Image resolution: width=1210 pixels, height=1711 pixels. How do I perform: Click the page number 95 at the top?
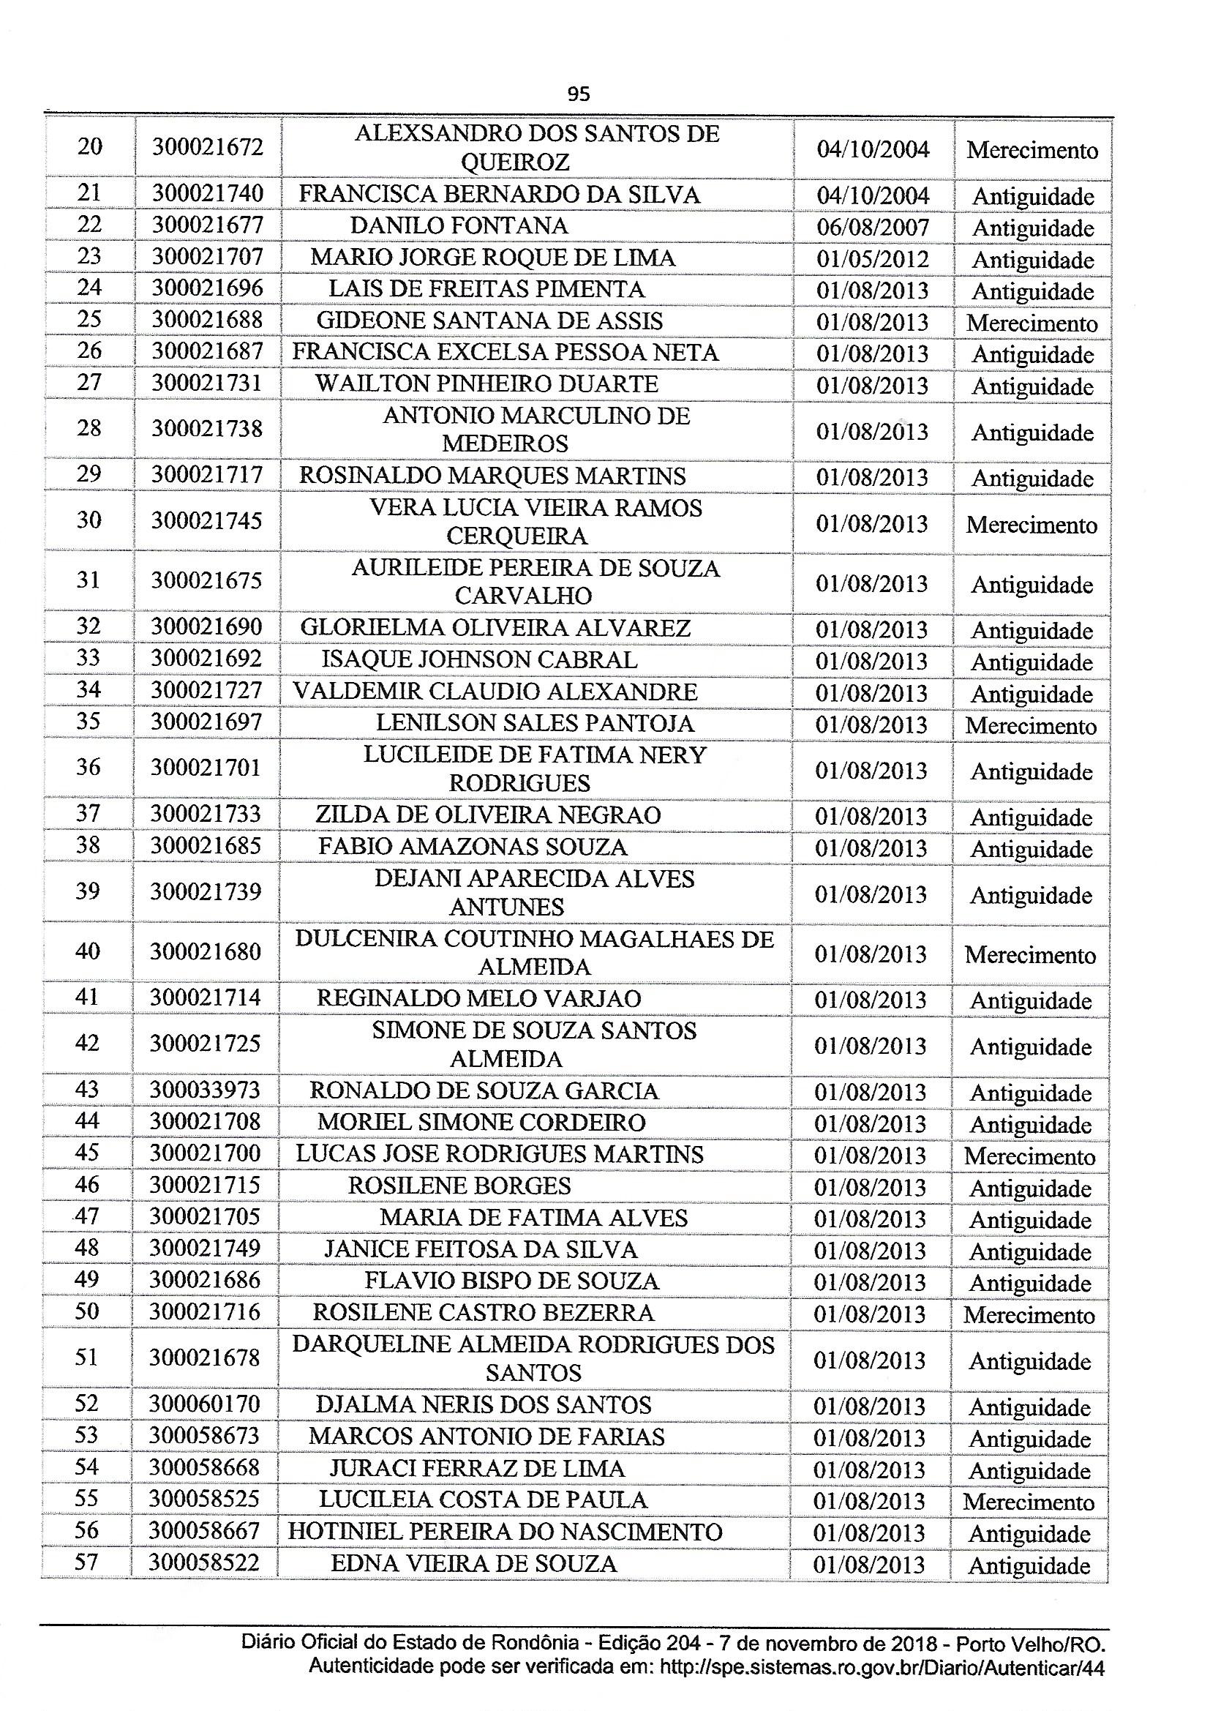578,94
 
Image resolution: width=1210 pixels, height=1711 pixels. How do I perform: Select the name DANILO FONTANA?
459,226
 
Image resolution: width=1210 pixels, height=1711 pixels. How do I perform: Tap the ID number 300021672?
208,147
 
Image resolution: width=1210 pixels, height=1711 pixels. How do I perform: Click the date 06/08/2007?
873,228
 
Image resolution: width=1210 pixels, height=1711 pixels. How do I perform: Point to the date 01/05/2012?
873,259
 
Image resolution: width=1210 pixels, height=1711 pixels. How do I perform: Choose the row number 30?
89,520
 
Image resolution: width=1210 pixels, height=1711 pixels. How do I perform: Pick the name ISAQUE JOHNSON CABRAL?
479,659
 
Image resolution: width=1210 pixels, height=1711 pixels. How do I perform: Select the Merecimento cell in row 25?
1032,323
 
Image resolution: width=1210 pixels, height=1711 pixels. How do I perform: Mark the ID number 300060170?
204,1404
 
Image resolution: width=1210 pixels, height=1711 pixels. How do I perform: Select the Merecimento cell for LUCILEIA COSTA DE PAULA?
1029,1502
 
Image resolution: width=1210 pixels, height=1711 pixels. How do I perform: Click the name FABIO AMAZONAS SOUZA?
473,847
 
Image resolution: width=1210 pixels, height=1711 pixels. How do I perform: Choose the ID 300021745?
206,520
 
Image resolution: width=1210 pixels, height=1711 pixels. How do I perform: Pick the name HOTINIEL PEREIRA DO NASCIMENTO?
506,1532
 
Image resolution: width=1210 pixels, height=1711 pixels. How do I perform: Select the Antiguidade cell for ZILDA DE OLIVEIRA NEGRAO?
1031,817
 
